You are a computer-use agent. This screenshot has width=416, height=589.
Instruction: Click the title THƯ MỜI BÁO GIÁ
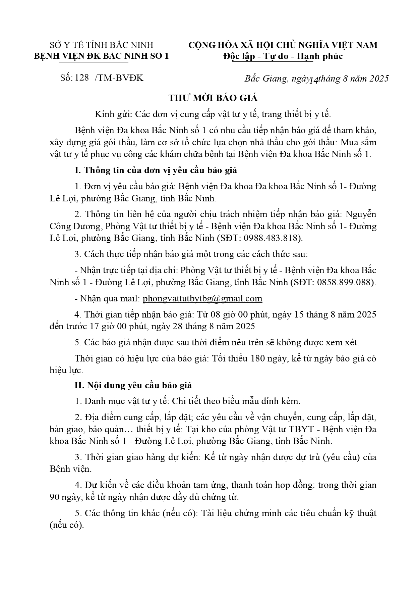(x=213, y=98)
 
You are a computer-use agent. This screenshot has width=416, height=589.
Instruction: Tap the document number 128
(x=82, y=78)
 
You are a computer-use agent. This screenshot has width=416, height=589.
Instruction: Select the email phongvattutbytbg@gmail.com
(x=202, y=298)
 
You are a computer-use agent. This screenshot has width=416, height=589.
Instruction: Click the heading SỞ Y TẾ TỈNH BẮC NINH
(x=102, y=45)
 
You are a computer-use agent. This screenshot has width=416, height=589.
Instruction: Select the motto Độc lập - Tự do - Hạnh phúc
(x=283, y=56)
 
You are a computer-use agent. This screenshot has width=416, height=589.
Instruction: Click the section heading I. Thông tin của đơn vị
(x=156, y=170)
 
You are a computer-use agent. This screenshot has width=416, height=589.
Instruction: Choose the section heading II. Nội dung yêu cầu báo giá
(x=133, y=385)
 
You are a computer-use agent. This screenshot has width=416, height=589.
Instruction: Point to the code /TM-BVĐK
(x=119, y=78)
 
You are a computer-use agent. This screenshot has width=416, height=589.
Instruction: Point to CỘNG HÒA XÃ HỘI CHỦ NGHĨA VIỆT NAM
(x=283, y=45)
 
